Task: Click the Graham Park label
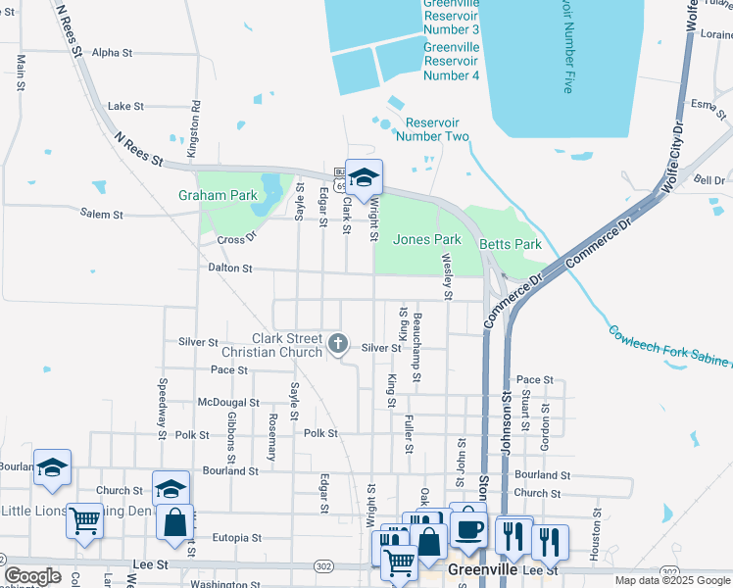218,195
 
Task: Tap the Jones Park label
426,239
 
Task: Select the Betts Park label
510,244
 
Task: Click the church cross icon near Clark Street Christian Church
338,343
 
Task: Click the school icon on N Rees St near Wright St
364,177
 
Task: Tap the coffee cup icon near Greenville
468,528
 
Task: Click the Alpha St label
112,52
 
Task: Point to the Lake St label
125,106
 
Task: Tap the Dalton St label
229,268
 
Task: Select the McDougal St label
227,402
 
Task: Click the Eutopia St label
236,537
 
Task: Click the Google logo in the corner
32,576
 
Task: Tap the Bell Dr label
709,180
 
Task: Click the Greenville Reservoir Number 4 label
451,61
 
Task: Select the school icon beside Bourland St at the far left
52,467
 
